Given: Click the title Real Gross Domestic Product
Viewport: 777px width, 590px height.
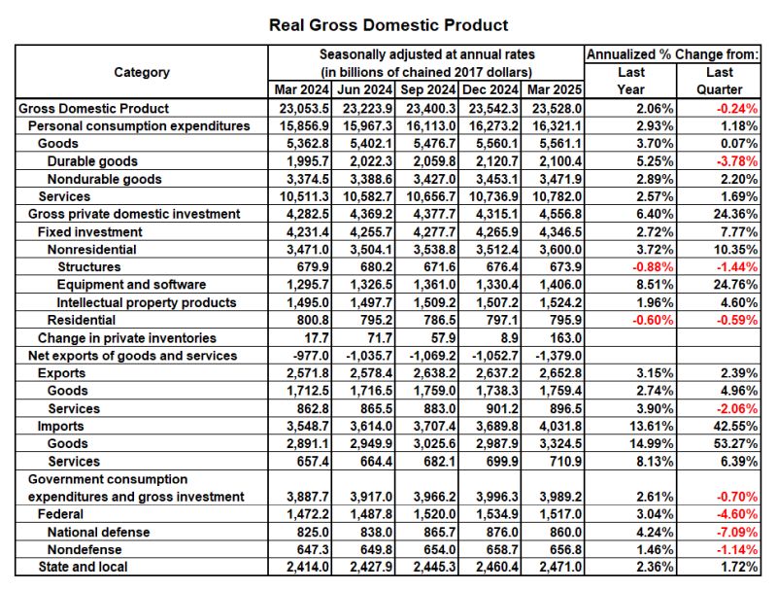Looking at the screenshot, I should click(388, 24).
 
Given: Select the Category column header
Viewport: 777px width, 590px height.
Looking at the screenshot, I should click(142, 72).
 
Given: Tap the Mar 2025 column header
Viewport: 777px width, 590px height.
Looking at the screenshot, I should click(553, 90).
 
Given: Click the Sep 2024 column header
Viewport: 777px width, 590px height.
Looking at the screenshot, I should click(426, 90).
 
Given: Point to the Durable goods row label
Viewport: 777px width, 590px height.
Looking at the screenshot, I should click(92, 161).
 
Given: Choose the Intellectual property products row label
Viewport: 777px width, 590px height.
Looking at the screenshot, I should click(147, 302).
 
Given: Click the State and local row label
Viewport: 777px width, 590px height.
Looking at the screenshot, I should click(83, 567).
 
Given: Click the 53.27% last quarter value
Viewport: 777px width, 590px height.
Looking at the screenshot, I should click(734, 443).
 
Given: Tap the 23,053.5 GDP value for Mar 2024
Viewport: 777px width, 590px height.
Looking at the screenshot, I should click(299, 109).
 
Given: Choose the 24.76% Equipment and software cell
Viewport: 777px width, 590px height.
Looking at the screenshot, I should click(734, 285).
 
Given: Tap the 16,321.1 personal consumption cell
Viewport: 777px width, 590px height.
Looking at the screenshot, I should click(553, 126).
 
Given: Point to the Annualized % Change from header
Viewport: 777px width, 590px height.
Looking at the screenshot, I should click(672, 54).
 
